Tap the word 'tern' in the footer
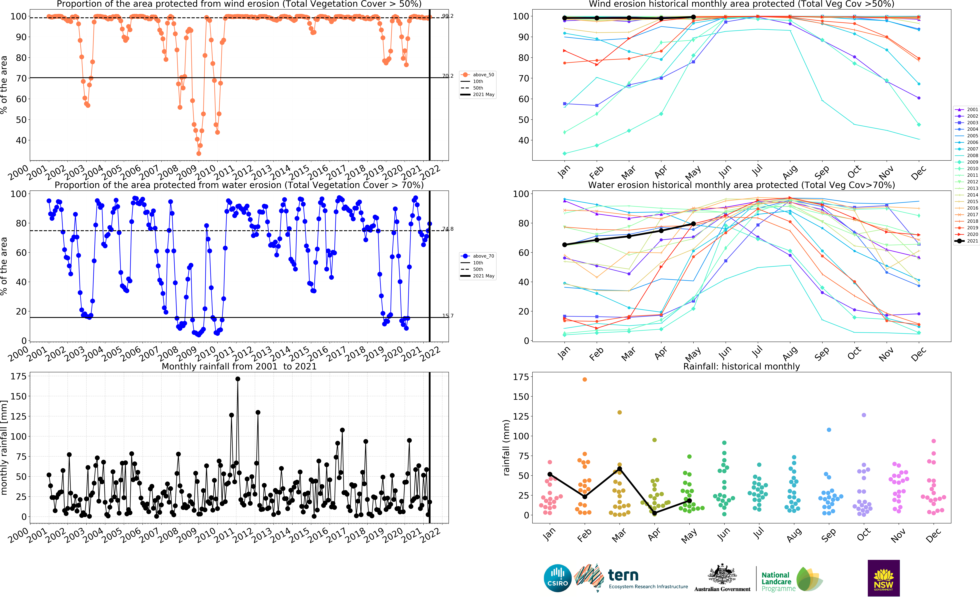coord(623,575)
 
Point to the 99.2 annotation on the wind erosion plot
coord(448,16)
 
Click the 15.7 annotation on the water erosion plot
coord(448,316)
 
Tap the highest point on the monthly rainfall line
coord(238,379)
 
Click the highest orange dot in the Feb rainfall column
coord(585,379)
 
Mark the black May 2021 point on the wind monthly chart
coord(693,17)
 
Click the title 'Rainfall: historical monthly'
coord(742,366)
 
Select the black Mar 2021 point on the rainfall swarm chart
coord(619,469)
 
